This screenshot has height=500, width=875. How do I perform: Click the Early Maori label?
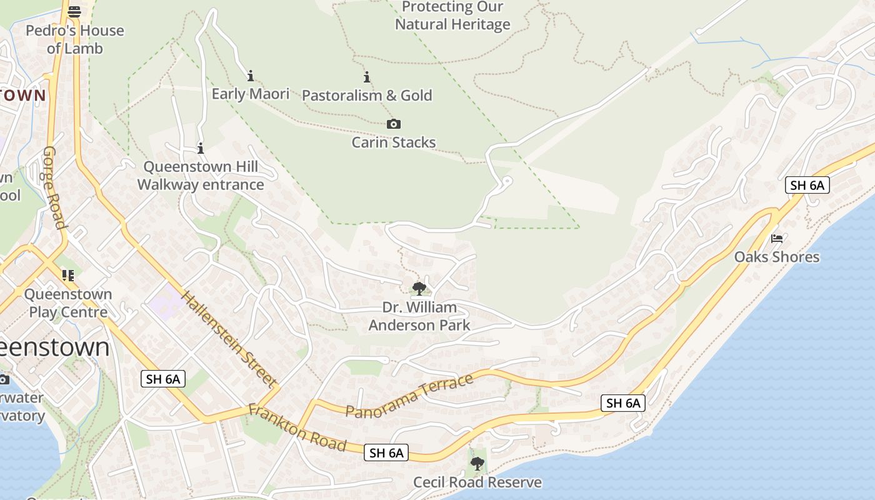(x=251, y=94)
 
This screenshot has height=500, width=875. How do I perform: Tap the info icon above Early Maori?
(x=251, y=76)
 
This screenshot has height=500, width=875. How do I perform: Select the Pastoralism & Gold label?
(x=367, y=96)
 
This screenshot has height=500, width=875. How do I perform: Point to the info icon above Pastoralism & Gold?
(x=367, y=77)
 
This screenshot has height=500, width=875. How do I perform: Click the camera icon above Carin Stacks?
(x=393, y=124)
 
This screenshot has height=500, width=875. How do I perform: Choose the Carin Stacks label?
(x=393, y=142)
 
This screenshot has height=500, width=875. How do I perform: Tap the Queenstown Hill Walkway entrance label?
(x=201, y=176)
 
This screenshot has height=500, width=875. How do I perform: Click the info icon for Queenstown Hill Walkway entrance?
(x=201, y=149)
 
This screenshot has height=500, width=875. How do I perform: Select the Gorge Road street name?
(x=54, y=187)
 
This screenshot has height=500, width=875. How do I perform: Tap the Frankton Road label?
(x=297, y=428)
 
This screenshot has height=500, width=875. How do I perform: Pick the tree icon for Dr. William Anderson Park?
(x=419, y=289)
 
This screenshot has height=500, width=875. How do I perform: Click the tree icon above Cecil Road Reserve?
(x=477, y=464)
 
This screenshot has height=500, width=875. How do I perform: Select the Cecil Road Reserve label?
(x=477, y=482)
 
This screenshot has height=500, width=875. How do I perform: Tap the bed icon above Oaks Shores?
(x=777, y=239)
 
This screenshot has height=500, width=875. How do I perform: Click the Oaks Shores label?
(x=776, y=257)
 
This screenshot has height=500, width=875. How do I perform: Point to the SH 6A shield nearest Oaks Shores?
(x=807, y=185)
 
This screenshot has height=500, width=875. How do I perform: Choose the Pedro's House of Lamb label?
(x=74, y=39)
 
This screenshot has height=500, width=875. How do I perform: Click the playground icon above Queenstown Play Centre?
(x=68, y=275)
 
